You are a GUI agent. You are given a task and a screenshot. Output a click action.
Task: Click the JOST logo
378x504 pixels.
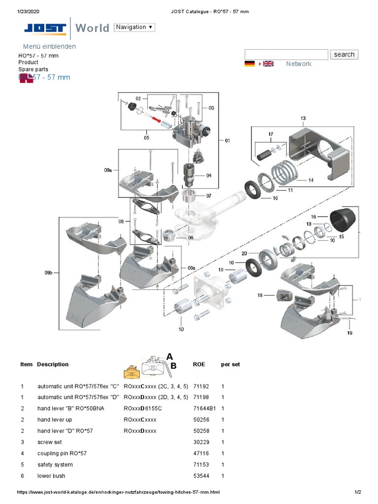pos(45,29)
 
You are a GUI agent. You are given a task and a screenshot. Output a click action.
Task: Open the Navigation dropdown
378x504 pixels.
pos(134,27)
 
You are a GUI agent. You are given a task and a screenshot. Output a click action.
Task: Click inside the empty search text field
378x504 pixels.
pos(286,55)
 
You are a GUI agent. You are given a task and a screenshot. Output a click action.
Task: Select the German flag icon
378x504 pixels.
pos(250,64)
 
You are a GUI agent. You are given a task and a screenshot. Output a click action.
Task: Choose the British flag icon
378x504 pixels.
pos(268,64)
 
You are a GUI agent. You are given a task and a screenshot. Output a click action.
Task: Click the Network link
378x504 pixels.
pos(298,64)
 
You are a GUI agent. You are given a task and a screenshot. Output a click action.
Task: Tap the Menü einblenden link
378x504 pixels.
pos(49,46)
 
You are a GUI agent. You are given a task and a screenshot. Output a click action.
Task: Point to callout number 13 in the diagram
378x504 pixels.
pos(303,118)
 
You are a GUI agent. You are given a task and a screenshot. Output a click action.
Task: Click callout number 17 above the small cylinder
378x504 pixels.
pos(270,134)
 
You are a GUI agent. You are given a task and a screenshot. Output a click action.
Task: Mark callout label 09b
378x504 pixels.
pos(48,272)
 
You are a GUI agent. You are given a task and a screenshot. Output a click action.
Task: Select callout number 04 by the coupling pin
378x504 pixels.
pos(209,175)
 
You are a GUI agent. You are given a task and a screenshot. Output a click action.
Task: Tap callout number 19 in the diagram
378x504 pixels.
pos(349,333)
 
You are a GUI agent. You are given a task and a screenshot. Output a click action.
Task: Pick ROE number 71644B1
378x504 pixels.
pos(205,409)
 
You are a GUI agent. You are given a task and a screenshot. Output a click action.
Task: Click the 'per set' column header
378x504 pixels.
pos(230,365)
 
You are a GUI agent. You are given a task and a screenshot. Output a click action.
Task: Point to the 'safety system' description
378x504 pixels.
pos(55,465)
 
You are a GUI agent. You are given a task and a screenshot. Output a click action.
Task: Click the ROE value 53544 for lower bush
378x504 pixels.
pos(201,476)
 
